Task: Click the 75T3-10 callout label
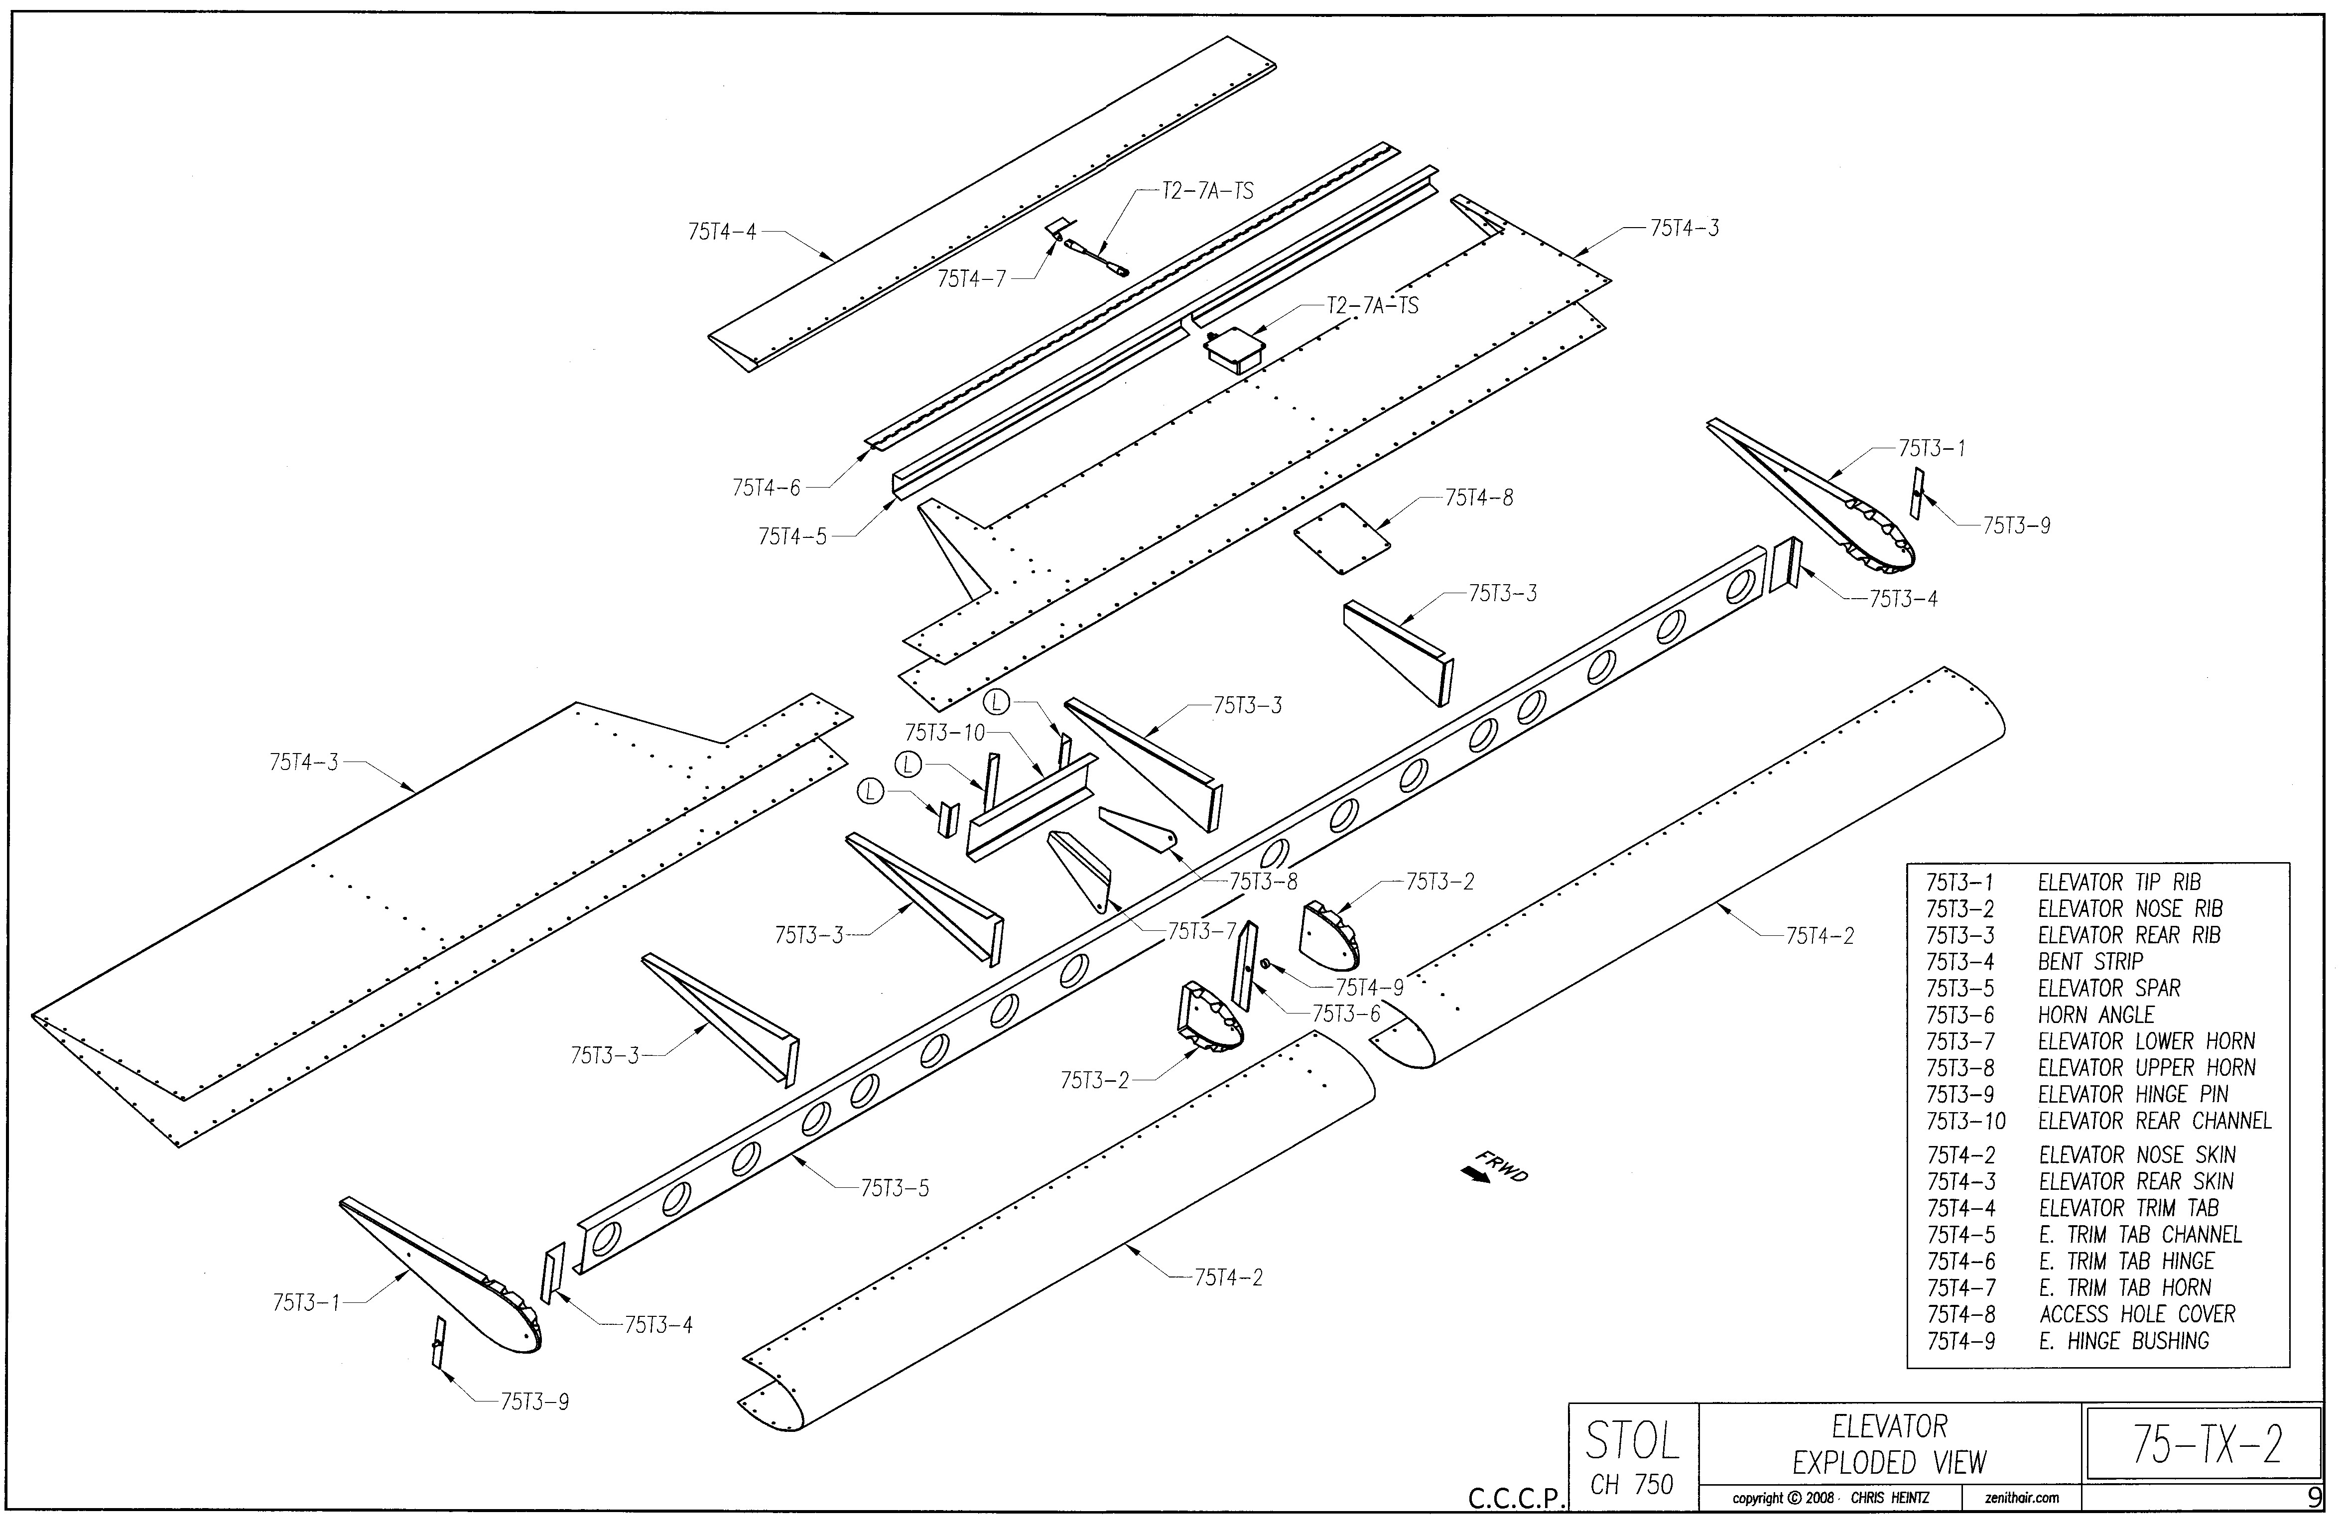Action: point(944,733)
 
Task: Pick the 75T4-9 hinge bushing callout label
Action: point(1369,988)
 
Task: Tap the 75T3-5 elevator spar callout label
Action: point(895,1188)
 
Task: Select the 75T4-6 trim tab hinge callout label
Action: point(766,488)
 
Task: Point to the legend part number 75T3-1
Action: point(1959,882)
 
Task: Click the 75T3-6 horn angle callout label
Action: point(1346,1014)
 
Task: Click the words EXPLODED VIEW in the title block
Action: point(1889,1463)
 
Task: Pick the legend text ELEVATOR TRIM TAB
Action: point(2128,1208)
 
